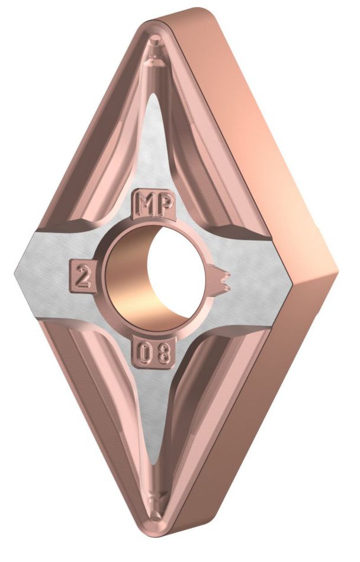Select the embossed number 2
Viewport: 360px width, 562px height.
tap(83, 273)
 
